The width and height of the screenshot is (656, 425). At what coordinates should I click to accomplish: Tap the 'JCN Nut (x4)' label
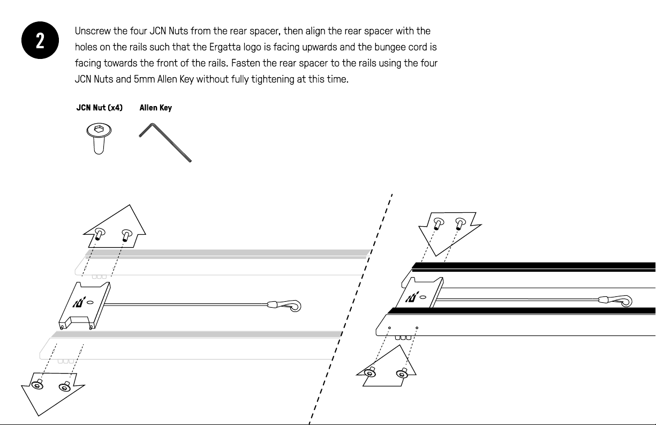(x=100, y=108)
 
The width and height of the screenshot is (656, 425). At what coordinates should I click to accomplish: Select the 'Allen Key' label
(x=155, y=108)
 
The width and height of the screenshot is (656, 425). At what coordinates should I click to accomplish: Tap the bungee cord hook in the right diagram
(x=621, y=301)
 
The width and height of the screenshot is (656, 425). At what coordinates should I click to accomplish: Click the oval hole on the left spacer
(x=90, y=303)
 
